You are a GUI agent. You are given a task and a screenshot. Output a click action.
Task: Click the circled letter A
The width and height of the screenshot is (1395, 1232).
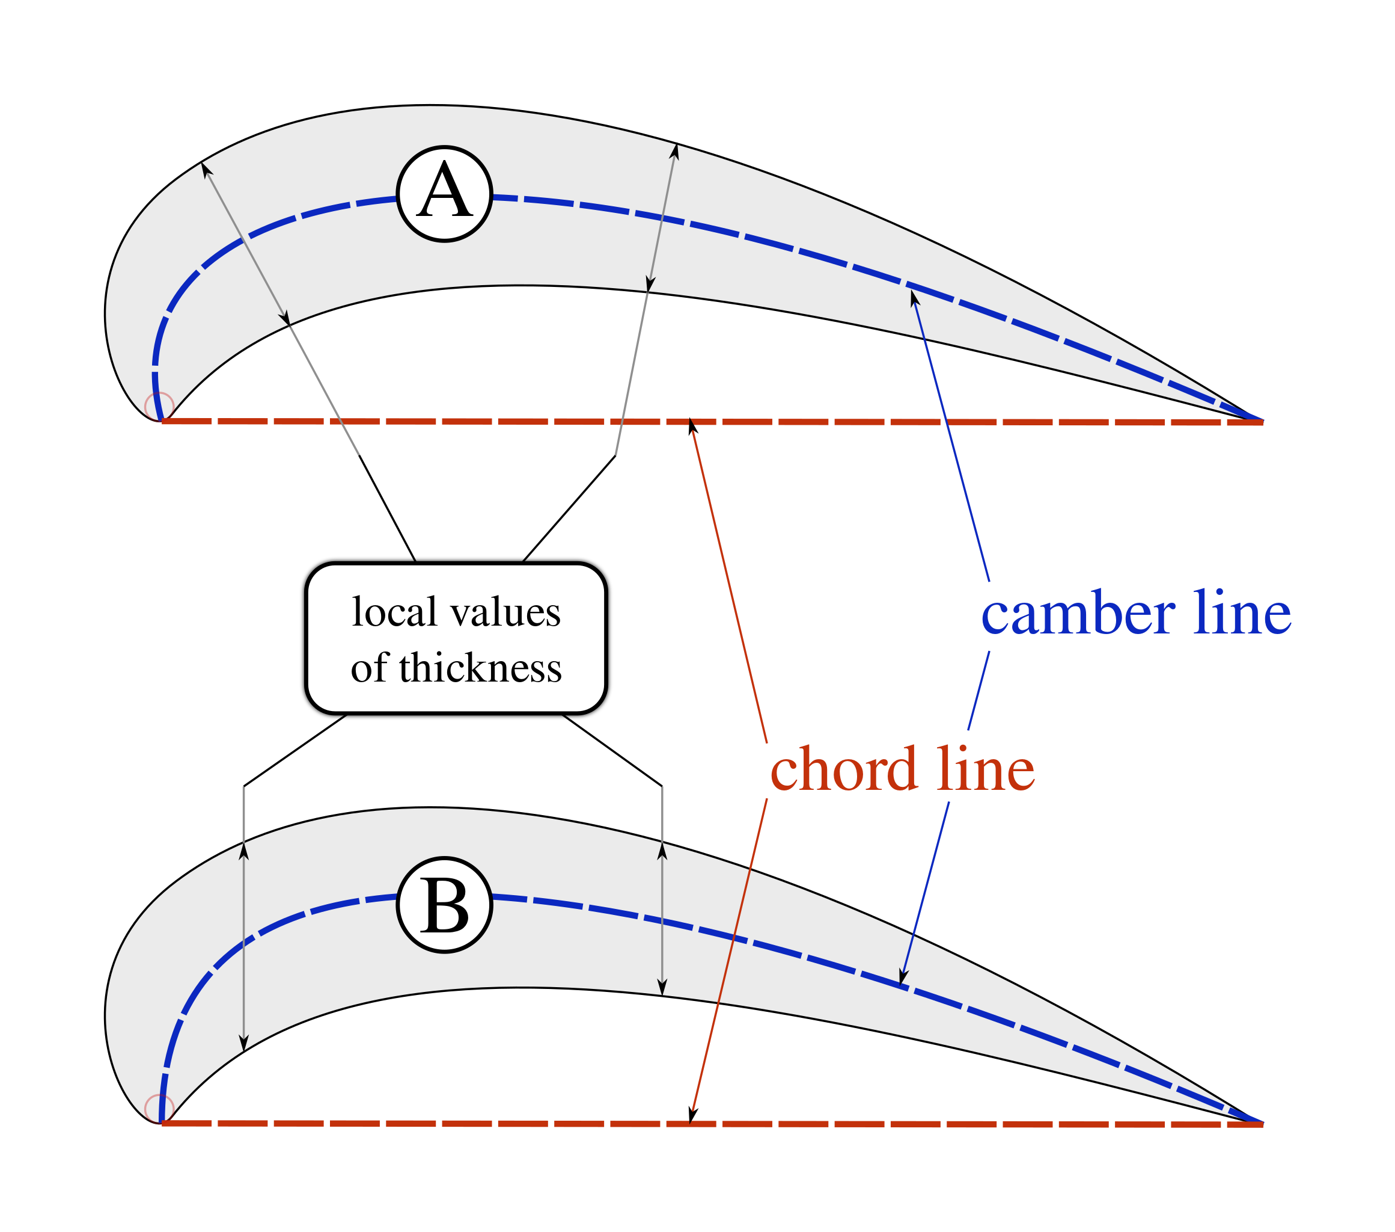tap(444, 193)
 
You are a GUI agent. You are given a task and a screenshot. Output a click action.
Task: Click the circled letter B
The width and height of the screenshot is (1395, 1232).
tap(444, 905)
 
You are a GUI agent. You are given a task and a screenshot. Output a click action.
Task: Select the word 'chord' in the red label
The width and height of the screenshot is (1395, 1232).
tap(843, 769)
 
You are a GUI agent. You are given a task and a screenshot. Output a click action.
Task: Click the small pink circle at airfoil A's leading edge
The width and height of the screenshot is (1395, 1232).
tap(159, 406)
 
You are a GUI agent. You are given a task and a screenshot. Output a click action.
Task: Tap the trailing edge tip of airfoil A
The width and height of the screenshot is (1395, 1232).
tap(1261, 419)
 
